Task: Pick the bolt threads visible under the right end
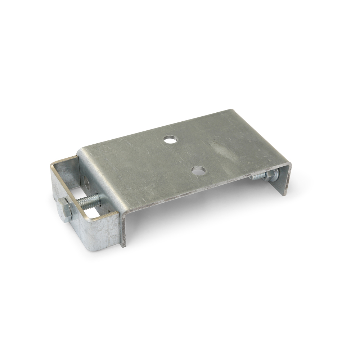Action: (256, 177)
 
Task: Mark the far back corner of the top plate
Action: (230, 111)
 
